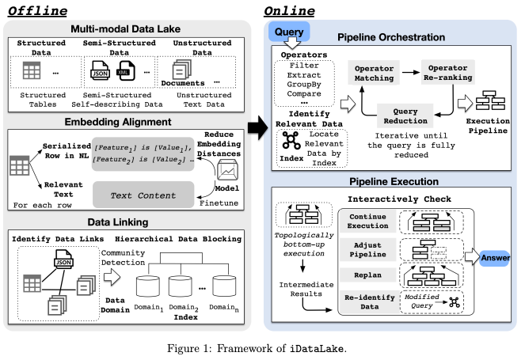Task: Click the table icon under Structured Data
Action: [32, 70]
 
